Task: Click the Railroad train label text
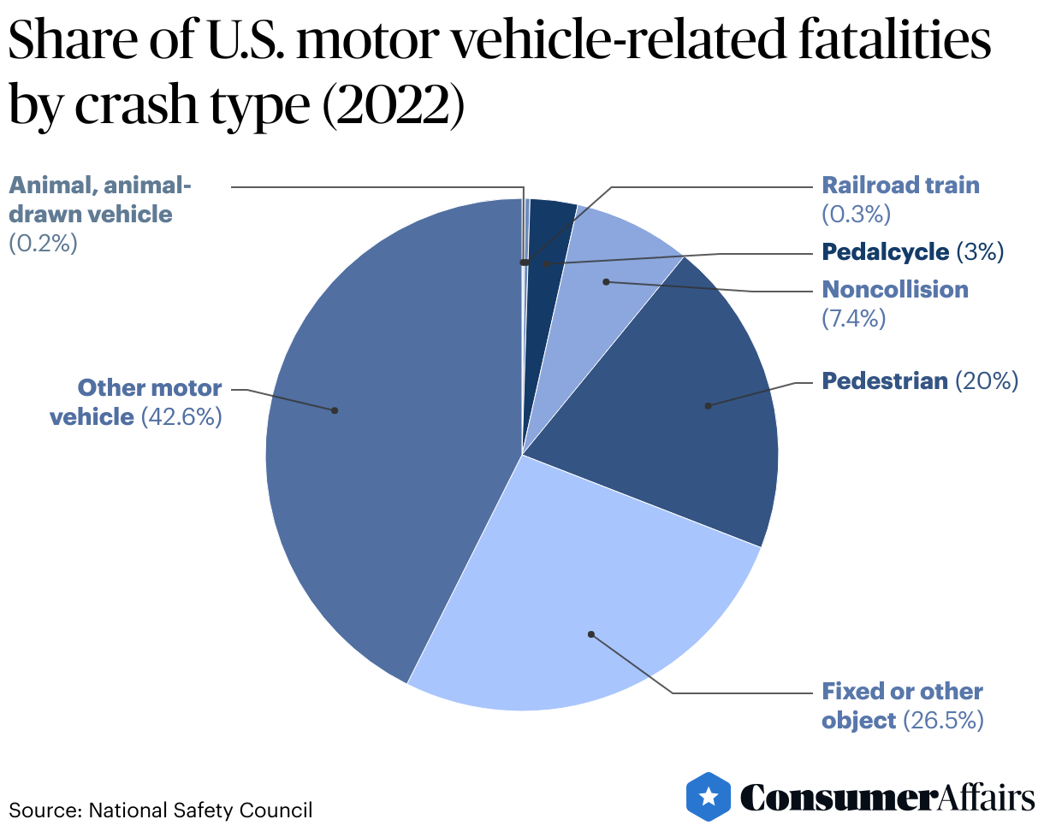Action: point(900,186)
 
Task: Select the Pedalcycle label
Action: point(885,252)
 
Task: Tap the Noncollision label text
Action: point(895,290)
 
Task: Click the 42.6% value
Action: point(182,417)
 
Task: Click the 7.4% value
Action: point(853,319)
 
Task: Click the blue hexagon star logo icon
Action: point(709,797)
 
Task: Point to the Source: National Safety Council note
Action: point(161,810)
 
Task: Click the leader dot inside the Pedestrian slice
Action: point(708,405)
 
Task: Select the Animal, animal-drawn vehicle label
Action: point(100,199)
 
